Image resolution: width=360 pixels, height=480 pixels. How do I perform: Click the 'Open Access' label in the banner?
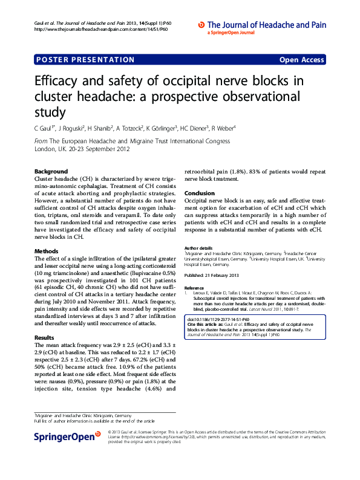tap(301, 60)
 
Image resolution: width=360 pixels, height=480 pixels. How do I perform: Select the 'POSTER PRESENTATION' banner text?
tap(85, 60)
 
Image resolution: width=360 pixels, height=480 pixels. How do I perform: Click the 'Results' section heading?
tap(45, 337)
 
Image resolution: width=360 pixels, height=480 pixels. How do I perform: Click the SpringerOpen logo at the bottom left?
tap(67, 436)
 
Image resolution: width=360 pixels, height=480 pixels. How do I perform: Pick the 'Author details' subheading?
tap(198, 248)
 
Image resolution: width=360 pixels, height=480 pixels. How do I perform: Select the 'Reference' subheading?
tap(194, 288)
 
